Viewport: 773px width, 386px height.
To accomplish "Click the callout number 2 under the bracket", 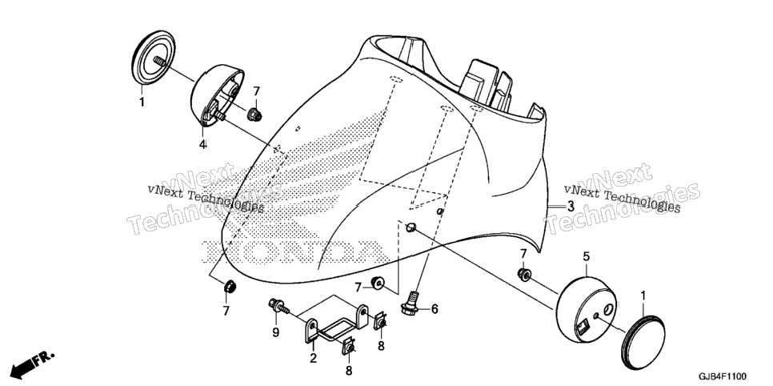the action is tap(313, 358).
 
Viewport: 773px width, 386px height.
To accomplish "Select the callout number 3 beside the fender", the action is tap(571, 207).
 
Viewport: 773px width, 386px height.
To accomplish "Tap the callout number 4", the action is tap(202, 144).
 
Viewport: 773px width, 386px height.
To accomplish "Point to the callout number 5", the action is tap(587, 256).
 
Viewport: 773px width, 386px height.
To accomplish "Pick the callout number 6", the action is tap(435, 309).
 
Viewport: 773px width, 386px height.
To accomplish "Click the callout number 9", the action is tap(275, 332).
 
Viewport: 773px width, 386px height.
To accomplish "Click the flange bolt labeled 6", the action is tap(411, 303).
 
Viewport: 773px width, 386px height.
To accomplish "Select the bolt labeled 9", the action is tap(280, 306).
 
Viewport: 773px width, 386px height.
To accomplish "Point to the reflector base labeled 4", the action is tap(216, 94).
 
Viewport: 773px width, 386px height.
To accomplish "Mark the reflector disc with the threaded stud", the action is tap(154, 57).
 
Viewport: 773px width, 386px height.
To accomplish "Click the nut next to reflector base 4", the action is tap(254, 115).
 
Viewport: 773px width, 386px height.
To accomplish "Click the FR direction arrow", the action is tap(32, 363).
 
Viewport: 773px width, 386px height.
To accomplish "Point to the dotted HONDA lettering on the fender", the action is tap(294, 251).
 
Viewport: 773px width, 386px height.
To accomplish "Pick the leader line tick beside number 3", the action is tap(556, 207).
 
